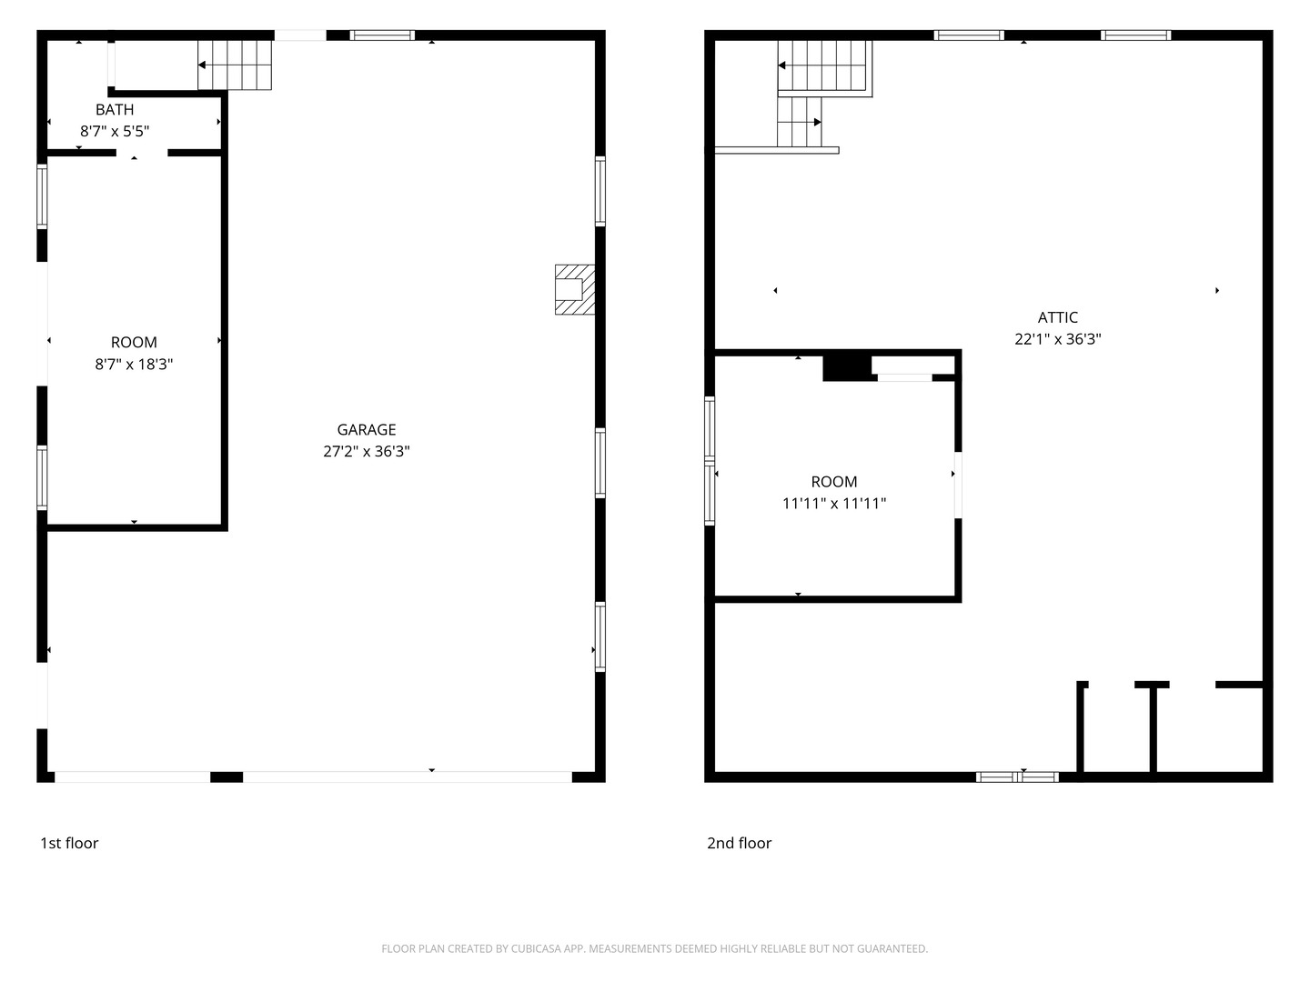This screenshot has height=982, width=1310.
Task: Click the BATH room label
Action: point(115,110)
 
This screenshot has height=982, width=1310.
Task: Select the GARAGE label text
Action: point(367,430)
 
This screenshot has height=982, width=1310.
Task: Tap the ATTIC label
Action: point(1057,318)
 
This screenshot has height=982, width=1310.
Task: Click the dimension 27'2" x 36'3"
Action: point(367,451)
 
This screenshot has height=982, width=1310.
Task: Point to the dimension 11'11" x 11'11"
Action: point(833,504)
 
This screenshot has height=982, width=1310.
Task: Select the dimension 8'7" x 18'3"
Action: point(134,365)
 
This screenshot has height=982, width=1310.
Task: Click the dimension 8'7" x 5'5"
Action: point(115,131)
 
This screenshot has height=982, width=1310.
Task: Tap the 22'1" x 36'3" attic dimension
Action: point(1057,339)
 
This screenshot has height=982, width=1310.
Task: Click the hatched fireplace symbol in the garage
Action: point(575,290)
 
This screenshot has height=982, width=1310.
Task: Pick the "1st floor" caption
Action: point(69,843)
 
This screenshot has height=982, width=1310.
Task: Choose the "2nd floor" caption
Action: point(739,843)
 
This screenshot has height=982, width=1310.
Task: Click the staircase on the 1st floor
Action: point(235,65)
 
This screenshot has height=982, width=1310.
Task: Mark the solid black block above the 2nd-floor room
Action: point(847,368)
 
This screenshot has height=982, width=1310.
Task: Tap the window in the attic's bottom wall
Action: point(1018,777)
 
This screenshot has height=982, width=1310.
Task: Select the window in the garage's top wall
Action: point(382,35)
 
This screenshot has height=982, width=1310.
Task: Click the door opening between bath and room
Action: point(141,154)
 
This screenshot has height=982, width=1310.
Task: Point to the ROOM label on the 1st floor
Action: point(134,343)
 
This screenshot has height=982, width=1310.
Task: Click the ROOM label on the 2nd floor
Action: point(833,482)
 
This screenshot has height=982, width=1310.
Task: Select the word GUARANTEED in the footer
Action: point(892,948)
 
